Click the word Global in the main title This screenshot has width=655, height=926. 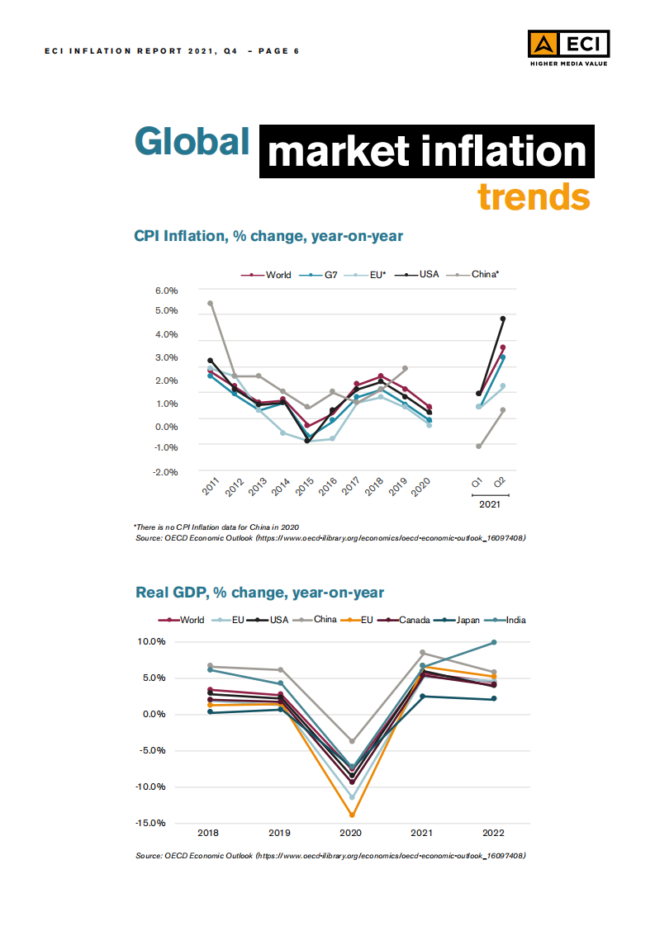[192, 142]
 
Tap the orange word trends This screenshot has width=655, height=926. [534, 196]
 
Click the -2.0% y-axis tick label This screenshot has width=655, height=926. [167, 472]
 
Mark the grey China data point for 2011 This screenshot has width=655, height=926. [211, 303]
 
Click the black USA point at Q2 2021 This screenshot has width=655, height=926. [503, 319]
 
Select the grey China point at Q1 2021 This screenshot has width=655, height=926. [478, 446]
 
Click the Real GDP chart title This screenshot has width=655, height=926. [259, 593]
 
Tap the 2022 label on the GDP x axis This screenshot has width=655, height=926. [494, 834]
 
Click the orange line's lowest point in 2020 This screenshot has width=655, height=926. [352, 815]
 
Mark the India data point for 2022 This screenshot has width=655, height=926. [494, 642]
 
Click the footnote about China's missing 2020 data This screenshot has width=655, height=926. [216, 527]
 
